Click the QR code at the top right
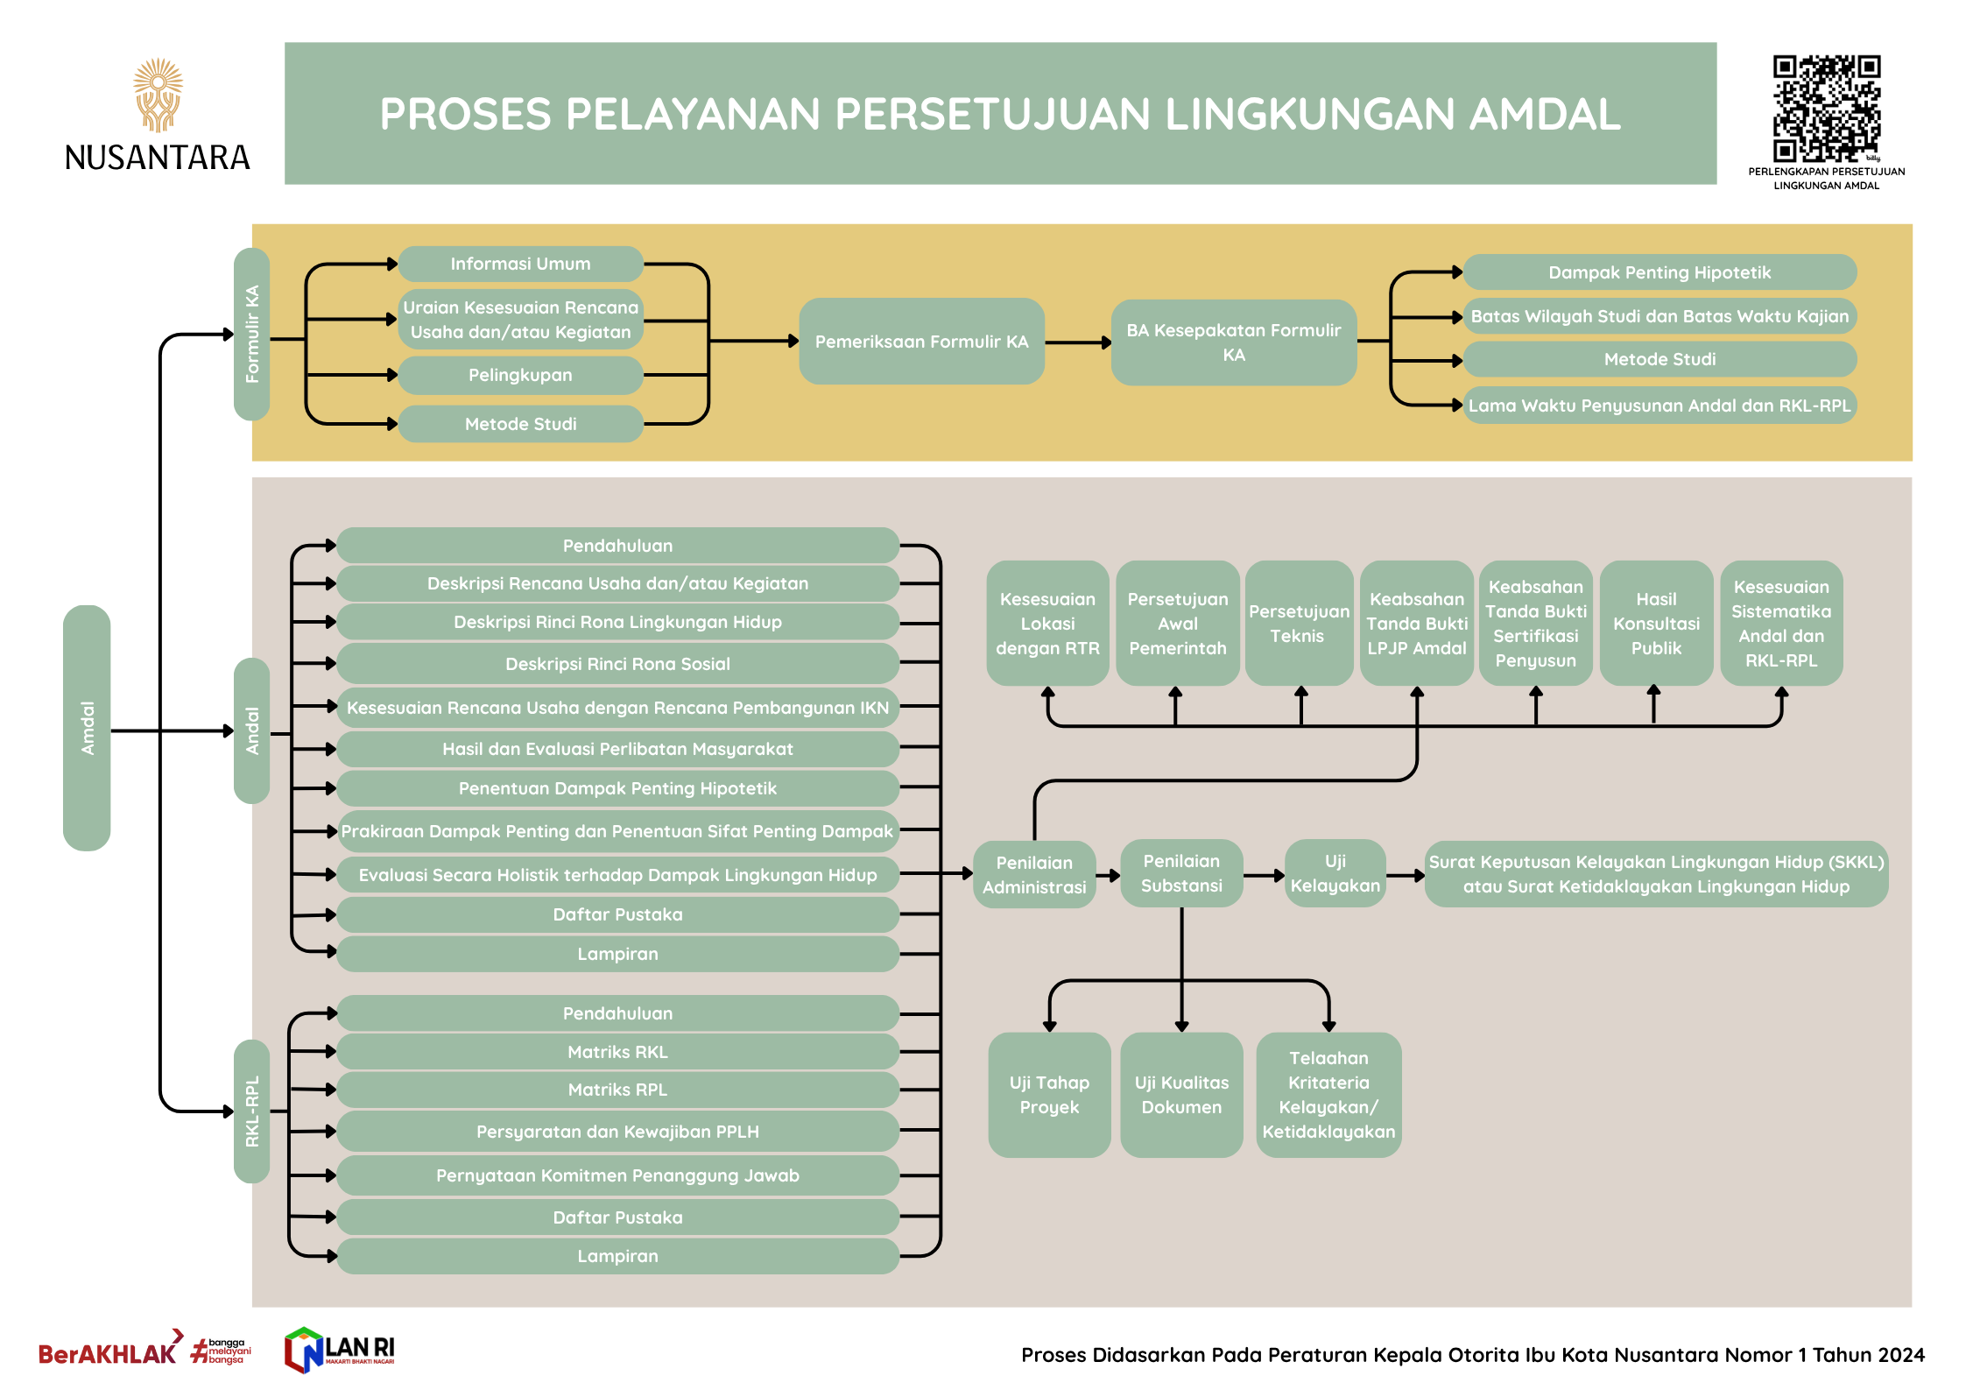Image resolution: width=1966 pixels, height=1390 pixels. click(x=1826, y=109)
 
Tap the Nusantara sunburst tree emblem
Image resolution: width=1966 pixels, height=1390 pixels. click(x=158, y=95)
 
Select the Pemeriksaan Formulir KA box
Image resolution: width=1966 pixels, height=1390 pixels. click(x=921, y=342)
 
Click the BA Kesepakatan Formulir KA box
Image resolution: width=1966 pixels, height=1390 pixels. click(x=1233, y=342)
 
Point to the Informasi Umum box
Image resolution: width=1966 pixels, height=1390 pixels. click(x=520, y=264)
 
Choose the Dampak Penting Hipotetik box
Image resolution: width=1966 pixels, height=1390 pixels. click(x=1659, y=272)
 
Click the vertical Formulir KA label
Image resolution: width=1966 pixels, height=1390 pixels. click(x=252, y=334)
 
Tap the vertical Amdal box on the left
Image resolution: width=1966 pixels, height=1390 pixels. click(x=87, y=727)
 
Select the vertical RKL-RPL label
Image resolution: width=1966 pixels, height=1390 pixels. click(x=252, y=1111)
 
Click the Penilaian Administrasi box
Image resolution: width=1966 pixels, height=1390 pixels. click(x=1033, y=874)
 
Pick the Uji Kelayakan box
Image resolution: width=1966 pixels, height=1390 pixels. click(x=1335, y=873)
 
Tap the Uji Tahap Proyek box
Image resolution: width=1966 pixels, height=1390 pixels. click(x=1048, y=1095)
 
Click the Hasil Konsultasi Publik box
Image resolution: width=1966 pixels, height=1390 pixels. click(x=1655, y=623)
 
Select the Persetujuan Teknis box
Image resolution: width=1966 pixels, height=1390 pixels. click(x=1298, y=623)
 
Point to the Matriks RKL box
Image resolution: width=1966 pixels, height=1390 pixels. click(x=617, y=1052)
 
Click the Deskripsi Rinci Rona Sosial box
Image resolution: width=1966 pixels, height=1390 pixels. click(x=617, y=664)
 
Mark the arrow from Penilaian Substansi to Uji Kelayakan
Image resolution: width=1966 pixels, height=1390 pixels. click(x=1264, y=875)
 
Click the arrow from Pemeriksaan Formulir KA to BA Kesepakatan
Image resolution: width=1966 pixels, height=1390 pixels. click(x=1078, y=342)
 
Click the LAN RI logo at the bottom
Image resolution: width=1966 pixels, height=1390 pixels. click(x=340, y=1350)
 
